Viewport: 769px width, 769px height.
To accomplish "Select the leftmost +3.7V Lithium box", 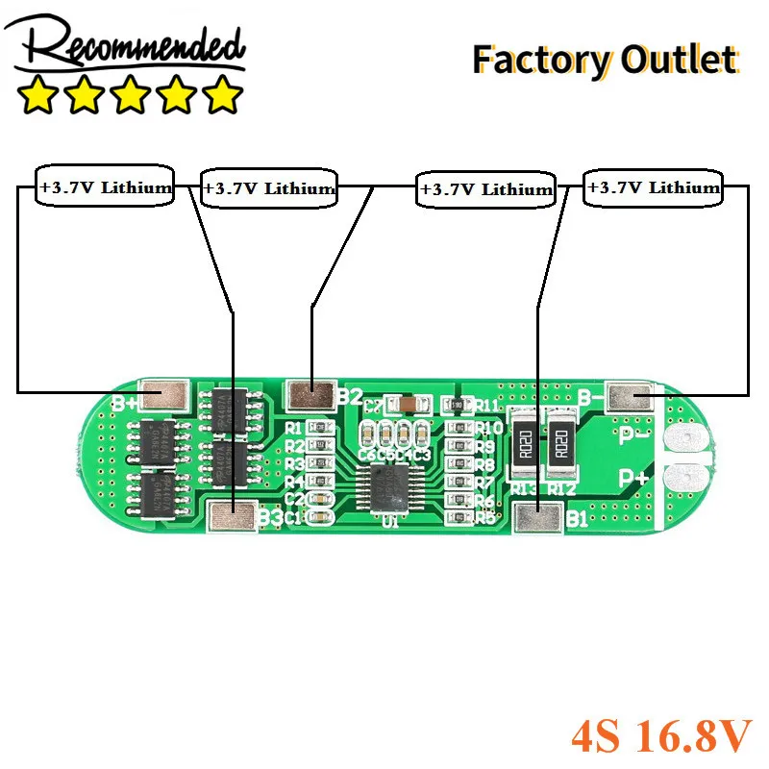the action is pos(106,187).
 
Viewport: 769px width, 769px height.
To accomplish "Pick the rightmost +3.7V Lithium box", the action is pos(654,187).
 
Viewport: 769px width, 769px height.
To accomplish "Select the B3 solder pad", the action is pos(235,517).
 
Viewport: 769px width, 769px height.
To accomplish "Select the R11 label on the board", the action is pos(486,406).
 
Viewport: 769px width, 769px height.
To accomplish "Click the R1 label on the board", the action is pos(295,428).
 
